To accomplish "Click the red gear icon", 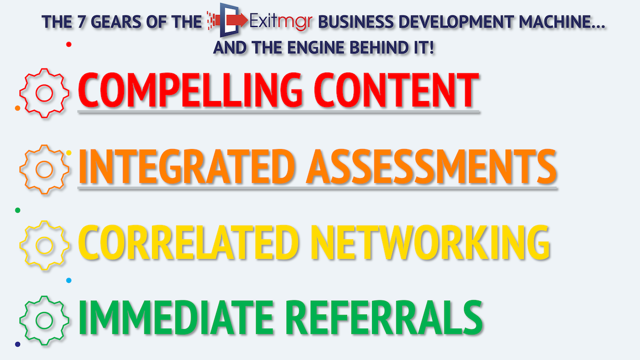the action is [44, 93].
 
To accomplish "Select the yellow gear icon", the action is [44, 245].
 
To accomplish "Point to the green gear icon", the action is [44, 320].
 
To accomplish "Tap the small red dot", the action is [68, 44].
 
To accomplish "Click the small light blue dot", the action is [68, 280].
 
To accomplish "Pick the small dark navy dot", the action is [18, 344].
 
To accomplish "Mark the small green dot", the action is [18, 210].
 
